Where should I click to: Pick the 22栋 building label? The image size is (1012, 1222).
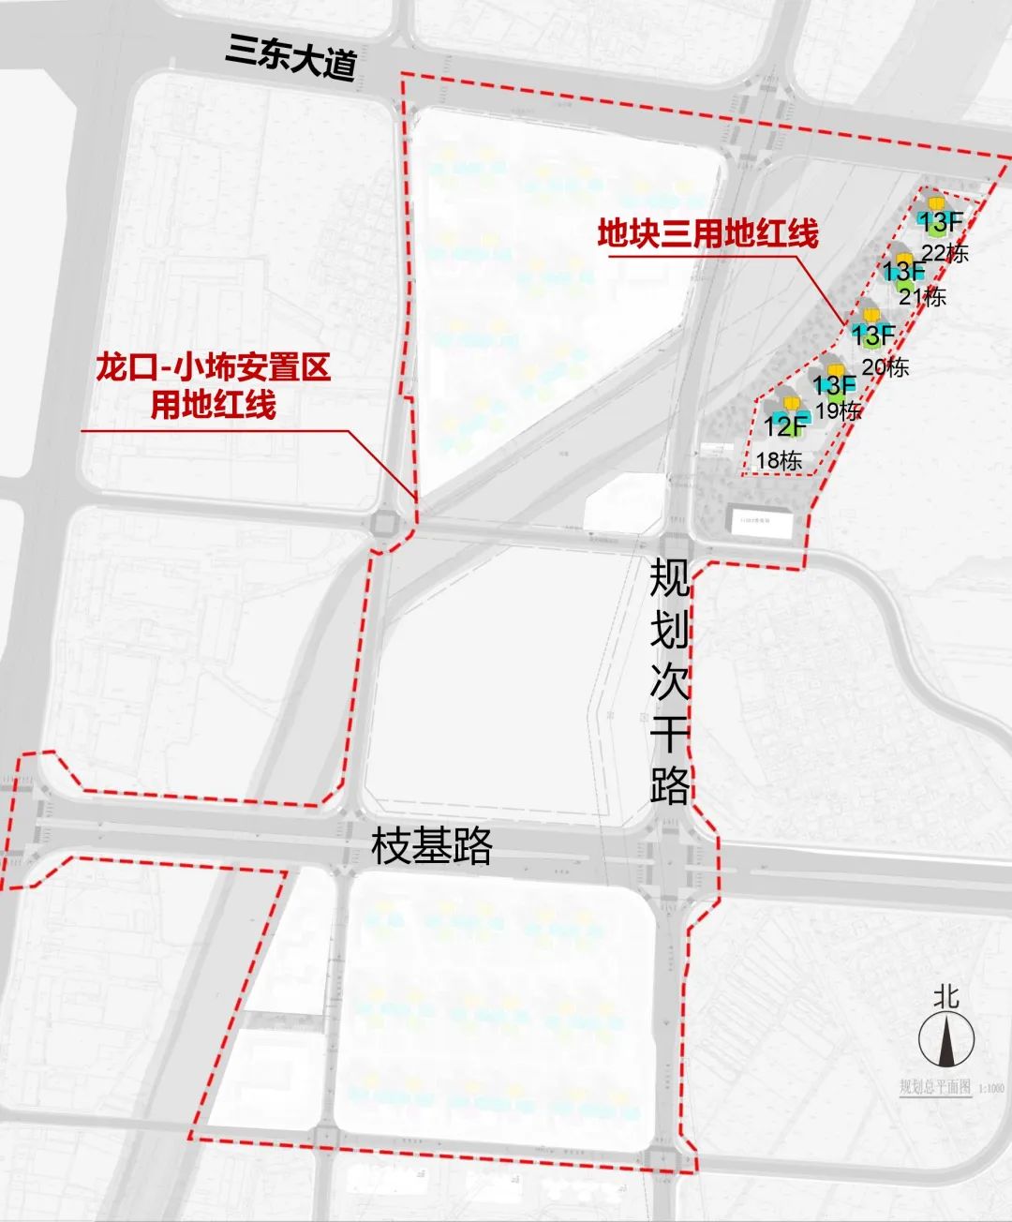pyautogui.click(x=945, y=252)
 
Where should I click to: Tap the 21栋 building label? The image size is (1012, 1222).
pyautogui.click(x=922, y=296)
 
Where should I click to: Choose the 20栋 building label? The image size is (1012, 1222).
pyautogui.click(x=885, y=365)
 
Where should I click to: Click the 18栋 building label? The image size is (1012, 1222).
pyautogui.click(x=779, y=460)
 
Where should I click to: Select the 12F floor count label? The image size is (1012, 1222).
pyautogui.click(x=785, y=426)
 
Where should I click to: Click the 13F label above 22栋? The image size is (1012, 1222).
pyautogui.click(x=940, y=223)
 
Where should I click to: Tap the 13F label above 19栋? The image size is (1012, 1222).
pyautogui.click(x=834, y=384)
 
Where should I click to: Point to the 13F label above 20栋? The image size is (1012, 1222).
pyautogui.click(x=873, y=334)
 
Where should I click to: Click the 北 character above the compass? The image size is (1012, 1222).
pyautogui.click(x=945, y=996)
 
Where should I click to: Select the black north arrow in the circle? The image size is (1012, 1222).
pyautogui.click(x=946, y=1041)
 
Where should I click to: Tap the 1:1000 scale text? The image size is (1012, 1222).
pyautogui.click(x=990, y=1088)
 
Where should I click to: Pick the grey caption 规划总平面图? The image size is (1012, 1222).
pyautogui.click(x=933, y=1087)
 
